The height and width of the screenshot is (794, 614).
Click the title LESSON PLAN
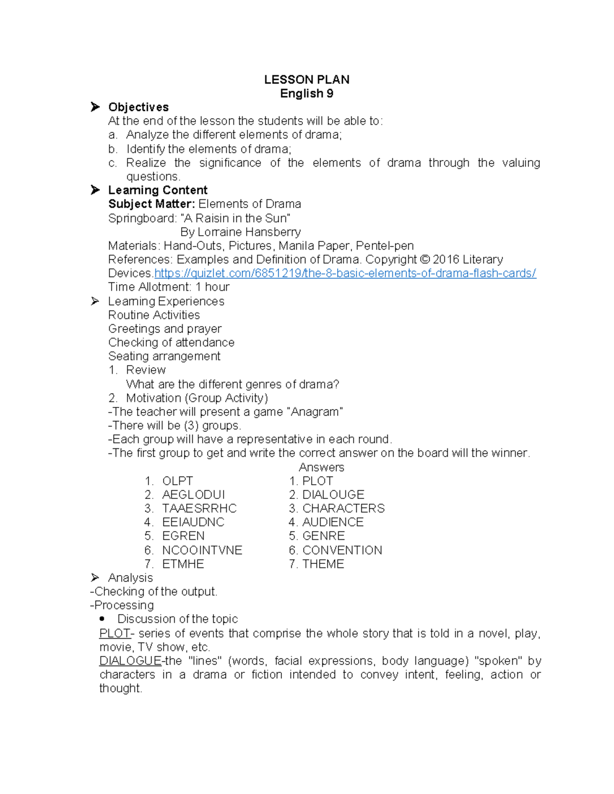306,80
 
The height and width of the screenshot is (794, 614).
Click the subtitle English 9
306,94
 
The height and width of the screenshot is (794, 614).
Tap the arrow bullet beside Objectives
95,107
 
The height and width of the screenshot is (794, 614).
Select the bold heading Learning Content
158,190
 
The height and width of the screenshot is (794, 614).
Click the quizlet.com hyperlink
345,274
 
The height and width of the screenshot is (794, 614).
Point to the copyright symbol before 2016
425,260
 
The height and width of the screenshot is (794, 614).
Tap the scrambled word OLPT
178,481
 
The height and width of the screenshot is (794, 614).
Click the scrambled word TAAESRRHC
199,509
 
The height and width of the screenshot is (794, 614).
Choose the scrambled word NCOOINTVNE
202,551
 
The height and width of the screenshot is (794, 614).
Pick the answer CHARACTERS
343,509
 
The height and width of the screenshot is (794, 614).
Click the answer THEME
323,564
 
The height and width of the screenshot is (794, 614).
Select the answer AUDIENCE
333,523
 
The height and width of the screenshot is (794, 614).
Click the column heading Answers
321,467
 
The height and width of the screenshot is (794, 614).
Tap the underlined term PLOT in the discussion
115,633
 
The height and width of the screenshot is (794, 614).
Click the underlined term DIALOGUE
130,661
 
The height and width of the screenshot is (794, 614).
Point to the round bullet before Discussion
102,619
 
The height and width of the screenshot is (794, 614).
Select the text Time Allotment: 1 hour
169,287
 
